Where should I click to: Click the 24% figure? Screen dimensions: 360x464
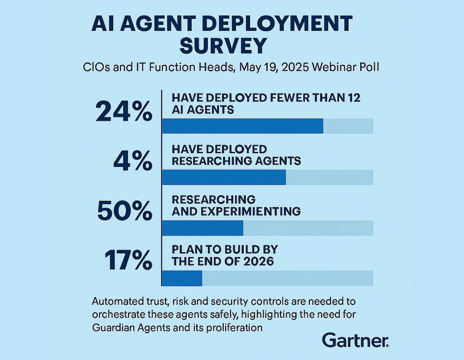tap(124, 112)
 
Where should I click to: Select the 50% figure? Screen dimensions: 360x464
tap(125, 211)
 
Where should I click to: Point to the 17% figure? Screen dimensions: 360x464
tap(128, 260)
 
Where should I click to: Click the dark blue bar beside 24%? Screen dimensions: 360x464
tap(242, 126)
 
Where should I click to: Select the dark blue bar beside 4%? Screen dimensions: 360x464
tap(224, 177)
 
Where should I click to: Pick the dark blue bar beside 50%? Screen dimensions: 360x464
tap(203, 228)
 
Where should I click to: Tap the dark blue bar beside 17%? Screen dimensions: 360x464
tap(182, 278)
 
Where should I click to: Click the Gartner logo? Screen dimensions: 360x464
tap(355, 340)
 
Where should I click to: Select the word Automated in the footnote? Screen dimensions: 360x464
tap(113, 301)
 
